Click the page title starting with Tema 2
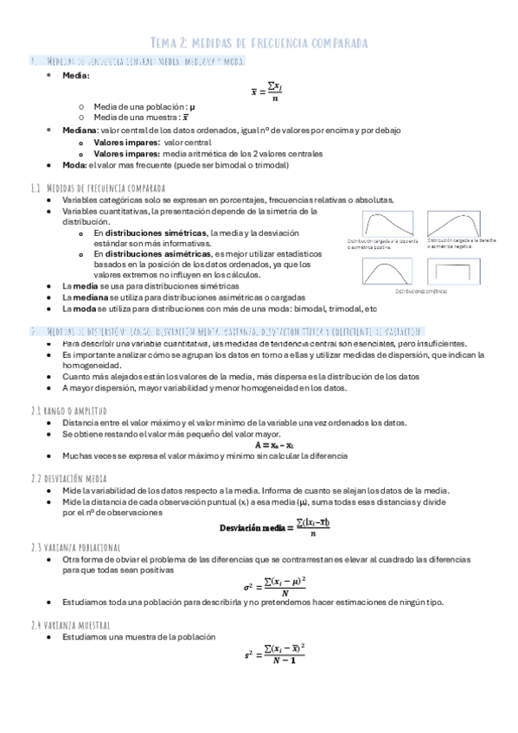259,41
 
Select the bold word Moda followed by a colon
75,165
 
